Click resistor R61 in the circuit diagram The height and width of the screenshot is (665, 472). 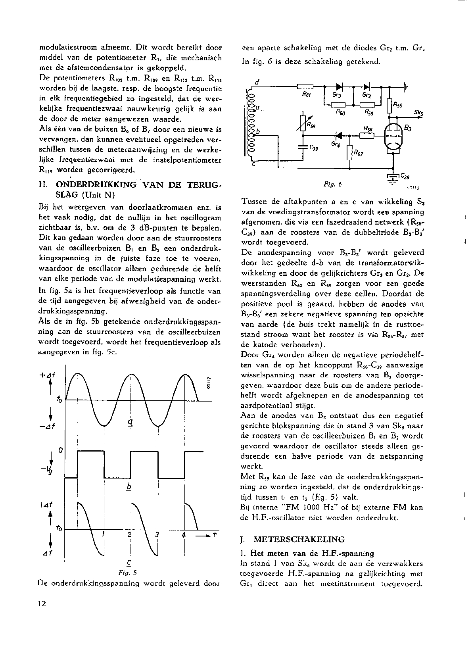305,86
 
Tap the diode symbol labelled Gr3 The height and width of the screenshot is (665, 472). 339,86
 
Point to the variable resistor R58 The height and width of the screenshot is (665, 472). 303,122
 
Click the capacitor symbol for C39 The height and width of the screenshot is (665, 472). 303,146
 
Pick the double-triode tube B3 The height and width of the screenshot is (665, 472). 393,137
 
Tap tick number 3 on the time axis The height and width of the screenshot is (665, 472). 157,534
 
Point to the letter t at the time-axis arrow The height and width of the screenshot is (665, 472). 215,534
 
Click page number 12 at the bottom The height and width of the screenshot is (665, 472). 42,604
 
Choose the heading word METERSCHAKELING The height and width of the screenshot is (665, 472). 299,539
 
